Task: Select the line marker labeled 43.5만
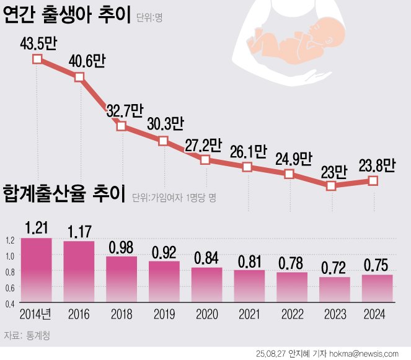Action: point(37,59)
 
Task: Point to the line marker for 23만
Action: point(331,185)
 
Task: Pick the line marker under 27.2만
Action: point(205,160)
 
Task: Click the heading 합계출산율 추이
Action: point(64,195)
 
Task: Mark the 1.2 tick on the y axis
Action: point(9,240)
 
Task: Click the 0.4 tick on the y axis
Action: point(9,304)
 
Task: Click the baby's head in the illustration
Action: point(324,23)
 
